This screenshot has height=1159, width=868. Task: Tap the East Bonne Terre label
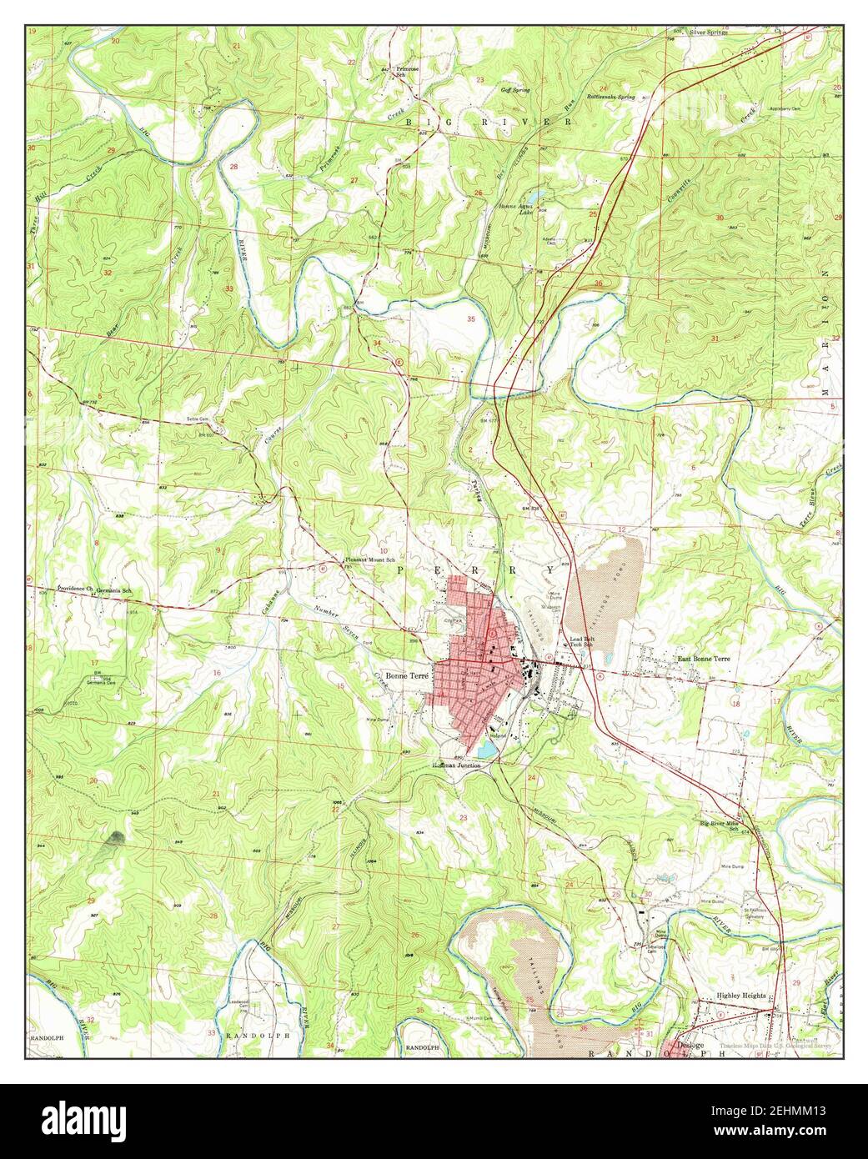tap(705, 658)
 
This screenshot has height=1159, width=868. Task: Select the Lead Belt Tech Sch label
tap(581, 642)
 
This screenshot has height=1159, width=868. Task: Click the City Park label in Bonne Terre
tap(454, 620)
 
